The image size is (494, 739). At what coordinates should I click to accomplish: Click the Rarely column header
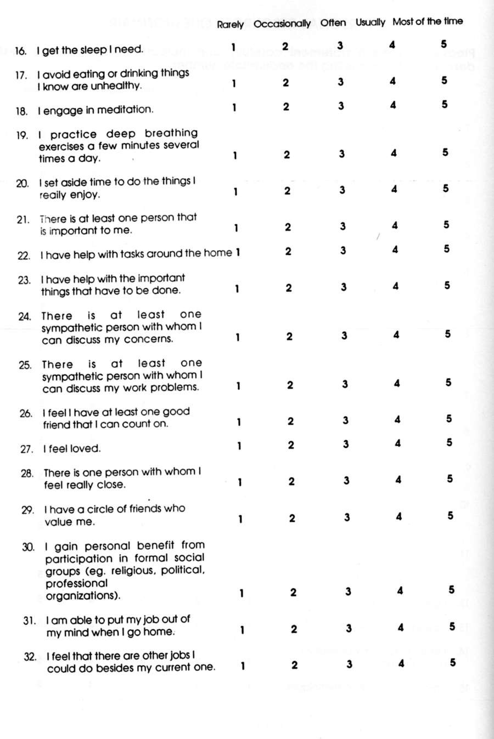coord(230,25)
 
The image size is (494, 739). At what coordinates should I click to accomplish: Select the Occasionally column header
coord(282,24)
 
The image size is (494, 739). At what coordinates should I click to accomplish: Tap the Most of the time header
coord(427,21)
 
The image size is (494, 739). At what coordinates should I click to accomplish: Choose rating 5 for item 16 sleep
coord(444,44)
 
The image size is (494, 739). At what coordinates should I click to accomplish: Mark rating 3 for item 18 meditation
coord(341,106)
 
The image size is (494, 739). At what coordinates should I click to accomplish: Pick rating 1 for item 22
coord(238,252)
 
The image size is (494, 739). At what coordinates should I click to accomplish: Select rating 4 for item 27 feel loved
coord(397,443)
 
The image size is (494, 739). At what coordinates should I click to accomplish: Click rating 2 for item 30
coord(293,592)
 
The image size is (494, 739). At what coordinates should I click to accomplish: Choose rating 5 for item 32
coord(452,662)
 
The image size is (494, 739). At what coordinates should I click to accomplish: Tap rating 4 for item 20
coord(394,189)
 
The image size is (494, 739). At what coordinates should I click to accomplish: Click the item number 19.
coord(22,135)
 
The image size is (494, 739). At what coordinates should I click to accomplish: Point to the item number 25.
coord(25,365)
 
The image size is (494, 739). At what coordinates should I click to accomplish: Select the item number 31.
coord(29,621)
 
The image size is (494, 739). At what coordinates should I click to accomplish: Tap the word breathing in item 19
coord(171,133)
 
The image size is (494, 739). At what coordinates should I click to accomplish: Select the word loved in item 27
coord(86,448)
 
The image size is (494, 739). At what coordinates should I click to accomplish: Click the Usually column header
coord(370,22)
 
